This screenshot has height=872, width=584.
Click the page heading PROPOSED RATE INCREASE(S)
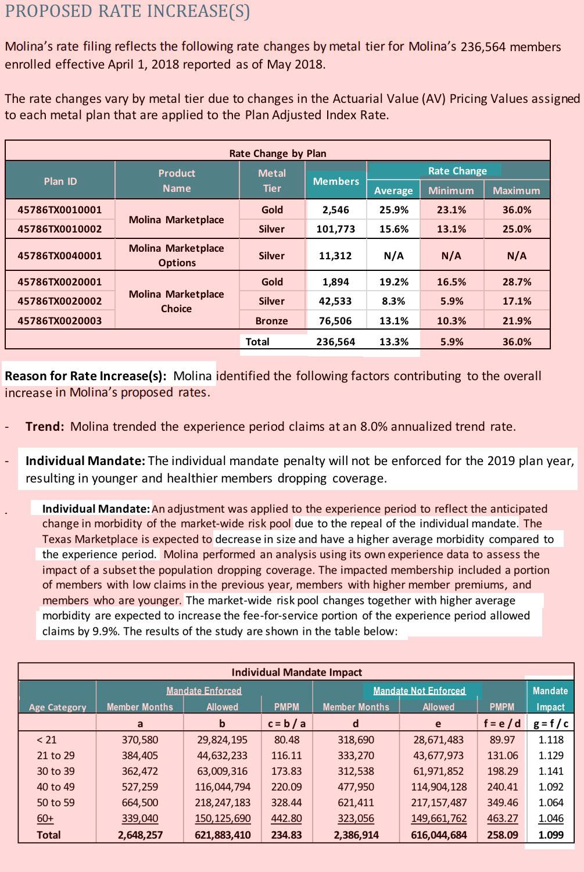click(127, 11)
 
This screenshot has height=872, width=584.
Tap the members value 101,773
click(335, 229)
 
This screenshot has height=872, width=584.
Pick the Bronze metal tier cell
click(271, 321)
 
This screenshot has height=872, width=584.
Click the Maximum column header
click(516, 191)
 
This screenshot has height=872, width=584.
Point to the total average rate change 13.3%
click(393, 342)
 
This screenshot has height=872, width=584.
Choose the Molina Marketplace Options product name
click(176, 255)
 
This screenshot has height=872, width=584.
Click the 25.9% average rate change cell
click(393, 210)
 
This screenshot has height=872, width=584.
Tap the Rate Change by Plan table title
click(277, 153)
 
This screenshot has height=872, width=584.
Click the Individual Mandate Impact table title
click(296, 673)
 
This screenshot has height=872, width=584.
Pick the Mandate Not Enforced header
click(419, 691)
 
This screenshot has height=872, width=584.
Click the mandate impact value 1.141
click(550, 771)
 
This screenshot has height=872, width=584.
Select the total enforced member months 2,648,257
click(140, 835)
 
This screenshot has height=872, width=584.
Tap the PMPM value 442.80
click(286, 819)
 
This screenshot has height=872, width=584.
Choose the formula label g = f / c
click(550, 724)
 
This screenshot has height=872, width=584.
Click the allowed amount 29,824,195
click(222, 740)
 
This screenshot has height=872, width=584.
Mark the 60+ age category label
click(45, 819)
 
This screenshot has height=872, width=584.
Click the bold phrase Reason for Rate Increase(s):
click(85, 376)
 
